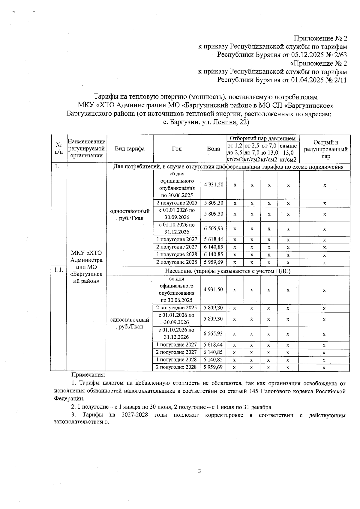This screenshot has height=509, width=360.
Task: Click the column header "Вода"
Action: [213, 149]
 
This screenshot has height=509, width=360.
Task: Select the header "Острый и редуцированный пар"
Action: [325, 149]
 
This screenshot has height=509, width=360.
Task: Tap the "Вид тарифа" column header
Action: [130, 149]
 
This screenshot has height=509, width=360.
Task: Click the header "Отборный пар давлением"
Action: [262, 138]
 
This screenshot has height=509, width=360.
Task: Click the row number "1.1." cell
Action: [58, 269]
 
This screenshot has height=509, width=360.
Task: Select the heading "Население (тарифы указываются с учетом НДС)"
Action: [228, 271]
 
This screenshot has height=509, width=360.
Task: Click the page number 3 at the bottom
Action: [199, 471]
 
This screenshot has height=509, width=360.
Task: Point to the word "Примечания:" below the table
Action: [88, 375]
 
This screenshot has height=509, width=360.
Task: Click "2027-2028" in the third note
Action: [135, 415]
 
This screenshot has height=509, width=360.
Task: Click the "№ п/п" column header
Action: [58, 149]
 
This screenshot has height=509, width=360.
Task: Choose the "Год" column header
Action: [177, 149]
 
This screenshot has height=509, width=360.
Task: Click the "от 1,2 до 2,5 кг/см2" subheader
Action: [235, 153]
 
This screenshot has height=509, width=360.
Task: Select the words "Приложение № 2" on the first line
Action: [320, 38]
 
